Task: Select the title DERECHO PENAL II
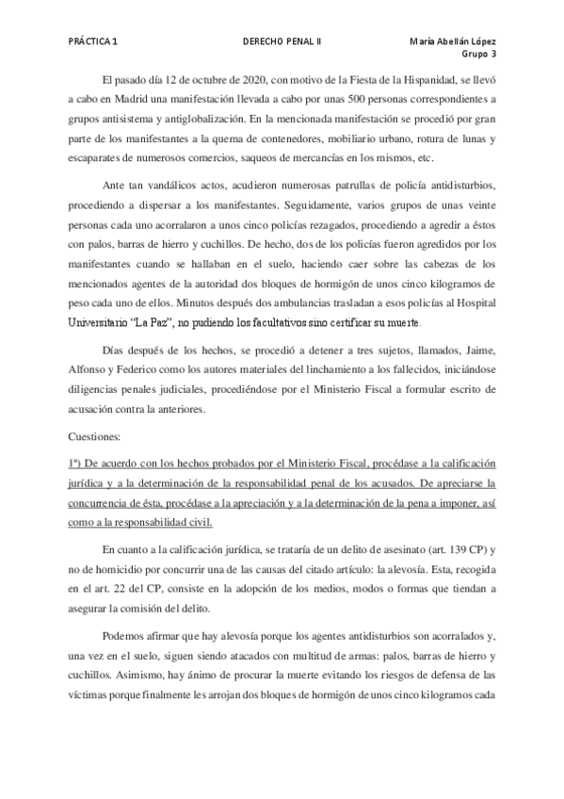click(x=282, y=42)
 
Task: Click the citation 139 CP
click(x=462, y=549)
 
